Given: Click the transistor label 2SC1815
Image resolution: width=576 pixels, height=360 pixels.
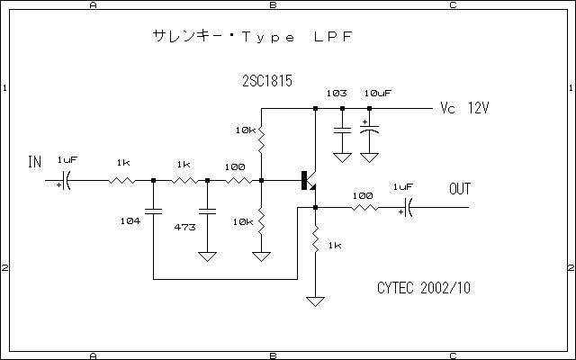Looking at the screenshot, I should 267,80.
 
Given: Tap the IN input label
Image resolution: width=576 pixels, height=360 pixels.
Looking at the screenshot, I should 35,162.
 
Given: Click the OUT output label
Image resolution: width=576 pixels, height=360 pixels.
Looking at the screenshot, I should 459,189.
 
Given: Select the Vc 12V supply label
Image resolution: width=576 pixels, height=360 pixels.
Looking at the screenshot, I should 464,108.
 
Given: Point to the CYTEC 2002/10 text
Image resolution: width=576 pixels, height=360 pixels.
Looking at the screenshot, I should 423,288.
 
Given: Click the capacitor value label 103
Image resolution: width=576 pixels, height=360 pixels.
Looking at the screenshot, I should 337,94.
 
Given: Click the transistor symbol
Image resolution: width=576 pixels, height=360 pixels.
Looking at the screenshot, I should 309,181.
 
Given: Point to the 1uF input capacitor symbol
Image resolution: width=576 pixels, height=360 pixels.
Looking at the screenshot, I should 66,181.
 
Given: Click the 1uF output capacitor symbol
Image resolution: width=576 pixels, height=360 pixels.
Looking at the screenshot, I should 406,208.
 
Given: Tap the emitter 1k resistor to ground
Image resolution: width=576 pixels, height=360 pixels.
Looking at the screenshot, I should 315,241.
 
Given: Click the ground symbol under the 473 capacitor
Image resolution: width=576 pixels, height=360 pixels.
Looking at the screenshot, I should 207,256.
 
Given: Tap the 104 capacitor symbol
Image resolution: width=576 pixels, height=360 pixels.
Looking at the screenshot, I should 153,212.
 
